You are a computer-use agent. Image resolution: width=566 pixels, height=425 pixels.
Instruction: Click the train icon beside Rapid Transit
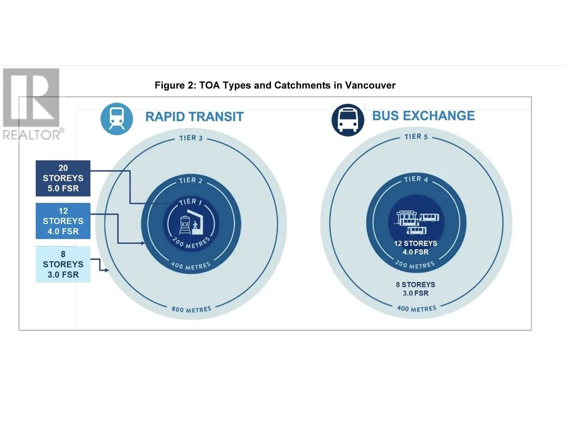click(x=117, y=119)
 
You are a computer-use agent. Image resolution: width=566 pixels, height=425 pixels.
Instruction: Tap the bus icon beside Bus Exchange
click(x=347, y=120)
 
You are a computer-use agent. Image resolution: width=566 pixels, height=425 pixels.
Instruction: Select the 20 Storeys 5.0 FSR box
click(x=63, y=178)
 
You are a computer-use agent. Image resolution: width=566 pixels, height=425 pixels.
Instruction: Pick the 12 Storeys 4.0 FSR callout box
click(x=63, y=221)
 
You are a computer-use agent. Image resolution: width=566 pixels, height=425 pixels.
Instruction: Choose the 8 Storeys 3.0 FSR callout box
click(x=63, y=264)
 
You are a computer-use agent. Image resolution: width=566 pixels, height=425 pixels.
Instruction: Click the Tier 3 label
click(x=191, y=138)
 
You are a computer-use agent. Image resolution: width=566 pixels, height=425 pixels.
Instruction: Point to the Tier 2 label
click(x=191, y=180)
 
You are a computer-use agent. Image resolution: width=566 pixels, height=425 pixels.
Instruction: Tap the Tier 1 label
click(x=190, y=202)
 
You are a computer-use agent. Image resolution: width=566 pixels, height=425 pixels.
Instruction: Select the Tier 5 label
click(x=416, y=137)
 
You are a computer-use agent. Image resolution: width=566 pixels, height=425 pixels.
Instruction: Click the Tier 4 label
click(x=416, y=179)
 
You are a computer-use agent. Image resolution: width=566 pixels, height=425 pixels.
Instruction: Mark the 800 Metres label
click(x=191, y=309)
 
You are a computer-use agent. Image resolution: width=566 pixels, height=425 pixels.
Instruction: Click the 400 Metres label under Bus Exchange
click(x=416, y=308)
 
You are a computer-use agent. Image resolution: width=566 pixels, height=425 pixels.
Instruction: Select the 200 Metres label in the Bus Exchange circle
click(x=415, y=265)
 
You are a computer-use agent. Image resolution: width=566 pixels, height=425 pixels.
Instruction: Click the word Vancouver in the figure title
click(x=370, y=85)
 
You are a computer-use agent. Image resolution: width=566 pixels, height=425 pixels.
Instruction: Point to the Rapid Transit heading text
click(x=194, y=117)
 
